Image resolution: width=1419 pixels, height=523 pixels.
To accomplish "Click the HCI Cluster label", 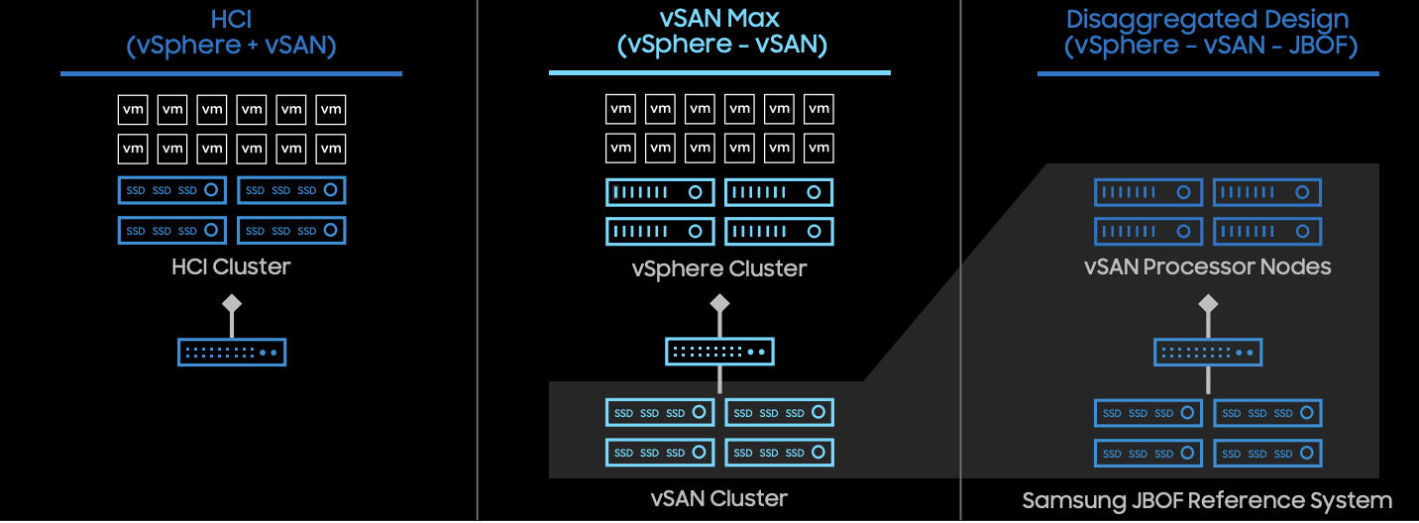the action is (x=231, y=266).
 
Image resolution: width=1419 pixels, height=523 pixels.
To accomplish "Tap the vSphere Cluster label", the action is (x=719, y=268).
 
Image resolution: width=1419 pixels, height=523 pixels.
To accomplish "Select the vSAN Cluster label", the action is (x=719, y=498).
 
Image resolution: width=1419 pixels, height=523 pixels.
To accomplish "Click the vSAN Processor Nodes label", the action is (x=1207, y=266).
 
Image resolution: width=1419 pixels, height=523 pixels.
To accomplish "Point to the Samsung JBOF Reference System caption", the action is (x=1207, y=500).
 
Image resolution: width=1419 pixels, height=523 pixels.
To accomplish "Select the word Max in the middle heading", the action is (x=754, y=18).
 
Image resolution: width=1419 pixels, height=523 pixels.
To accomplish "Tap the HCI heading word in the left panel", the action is (x=231, y=19).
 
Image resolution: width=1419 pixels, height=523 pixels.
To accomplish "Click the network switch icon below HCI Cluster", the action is (x=232, y=352).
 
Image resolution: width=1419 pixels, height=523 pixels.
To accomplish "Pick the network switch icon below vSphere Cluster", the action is (x=719, y=352).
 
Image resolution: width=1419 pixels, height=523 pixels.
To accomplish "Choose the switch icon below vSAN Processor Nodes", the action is (x=1208, y=352).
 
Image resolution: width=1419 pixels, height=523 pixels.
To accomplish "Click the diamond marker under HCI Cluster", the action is (x=232, y=303).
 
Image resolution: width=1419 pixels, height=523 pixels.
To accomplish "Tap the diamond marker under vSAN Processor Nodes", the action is (x=1208, y=303).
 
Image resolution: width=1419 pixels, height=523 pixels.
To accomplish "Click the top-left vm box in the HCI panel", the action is (x=133, y=110).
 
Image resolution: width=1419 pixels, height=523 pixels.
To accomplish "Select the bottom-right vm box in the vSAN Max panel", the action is (x=819, y=148).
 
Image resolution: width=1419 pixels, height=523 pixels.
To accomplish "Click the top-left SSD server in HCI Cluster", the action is (x=172, y=190).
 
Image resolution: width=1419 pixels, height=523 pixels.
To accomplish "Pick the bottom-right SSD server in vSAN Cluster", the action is (x=779, y=452).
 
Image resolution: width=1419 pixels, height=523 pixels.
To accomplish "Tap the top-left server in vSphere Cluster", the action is (x=660, y=192).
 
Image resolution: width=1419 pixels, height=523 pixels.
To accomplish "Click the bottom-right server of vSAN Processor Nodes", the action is (x=1267, y=231).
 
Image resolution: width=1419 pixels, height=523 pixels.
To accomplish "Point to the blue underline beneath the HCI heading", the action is (x=231, y=73).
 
